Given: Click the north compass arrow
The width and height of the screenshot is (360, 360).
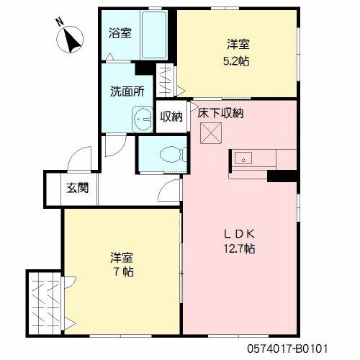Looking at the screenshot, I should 71,37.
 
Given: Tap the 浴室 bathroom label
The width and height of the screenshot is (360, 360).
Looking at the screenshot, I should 119,32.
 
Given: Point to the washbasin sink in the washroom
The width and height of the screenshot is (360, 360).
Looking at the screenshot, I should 139,119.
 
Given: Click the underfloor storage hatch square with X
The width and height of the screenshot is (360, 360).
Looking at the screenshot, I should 210,133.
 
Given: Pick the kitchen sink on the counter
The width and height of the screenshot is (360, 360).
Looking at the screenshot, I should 243,159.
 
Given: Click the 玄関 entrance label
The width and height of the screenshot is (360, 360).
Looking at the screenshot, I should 78,189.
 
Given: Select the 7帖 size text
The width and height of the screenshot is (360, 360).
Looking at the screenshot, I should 122,271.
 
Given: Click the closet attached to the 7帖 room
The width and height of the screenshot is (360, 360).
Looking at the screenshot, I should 45,302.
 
